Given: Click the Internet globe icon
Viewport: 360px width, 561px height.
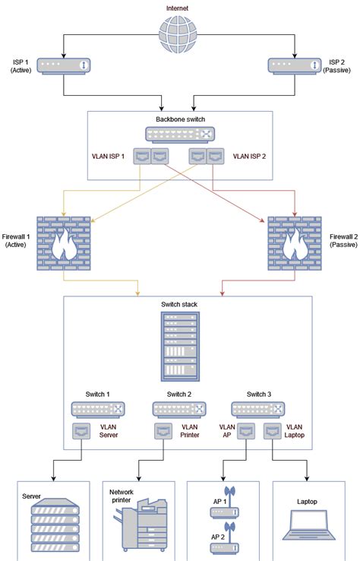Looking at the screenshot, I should [179, 34].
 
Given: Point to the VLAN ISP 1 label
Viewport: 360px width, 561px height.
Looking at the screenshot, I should [109, 157].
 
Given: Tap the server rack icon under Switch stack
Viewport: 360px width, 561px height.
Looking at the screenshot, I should [179, 347].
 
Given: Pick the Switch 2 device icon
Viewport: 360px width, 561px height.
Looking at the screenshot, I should [179, 409].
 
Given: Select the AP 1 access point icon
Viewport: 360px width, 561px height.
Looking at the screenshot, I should [223, 502].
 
